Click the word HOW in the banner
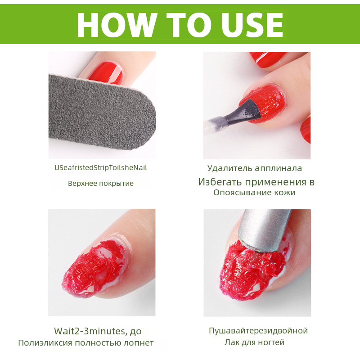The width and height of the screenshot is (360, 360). tap(117, 25)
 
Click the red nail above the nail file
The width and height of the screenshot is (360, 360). tap(106, 73)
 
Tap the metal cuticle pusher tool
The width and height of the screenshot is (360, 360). tap(264, 229)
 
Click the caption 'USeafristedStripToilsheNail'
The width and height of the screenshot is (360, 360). tap(100, 168)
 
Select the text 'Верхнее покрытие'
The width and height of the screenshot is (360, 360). tap(100, 184)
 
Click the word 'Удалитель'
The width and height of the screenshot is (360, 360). tap(229, 168)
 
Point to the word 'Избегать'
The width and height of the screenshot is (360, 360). tap(220, 182)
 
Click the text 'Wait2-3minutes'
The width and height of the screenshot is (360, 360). tap(90, 331)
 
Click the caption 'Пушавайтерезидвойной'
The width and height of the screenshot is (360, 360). tap(258, 331)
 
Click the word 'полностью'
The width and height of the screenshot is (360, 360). tap(98, 343)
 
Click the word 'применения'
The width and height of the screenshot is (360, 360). tap(276, 182)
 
